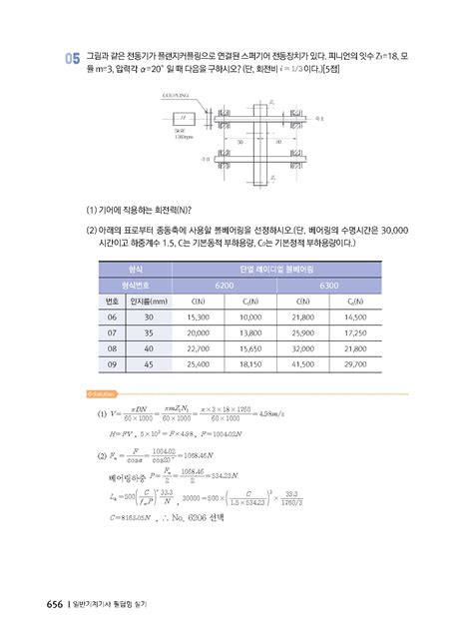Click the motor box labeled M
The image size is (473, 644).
(183, 116)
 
